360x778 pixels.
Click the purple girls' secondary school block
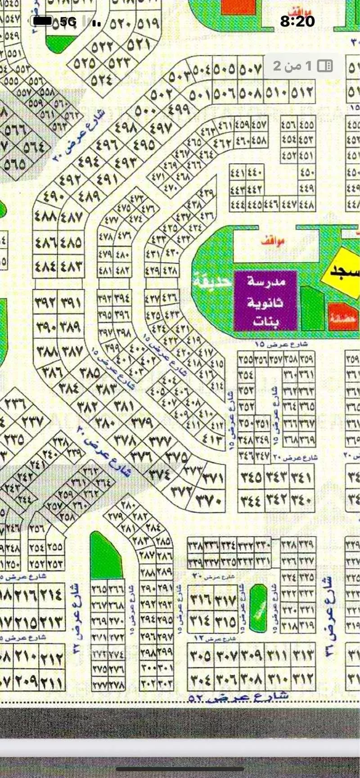[265, 301]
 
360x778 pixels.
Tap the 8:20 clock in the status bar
[297, 21]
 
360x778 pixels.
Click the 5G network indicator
[68, 21]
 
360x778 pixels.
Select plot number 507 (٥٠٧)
[251, 70]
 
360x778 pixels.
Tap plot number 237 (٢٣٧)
[31, 422]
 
